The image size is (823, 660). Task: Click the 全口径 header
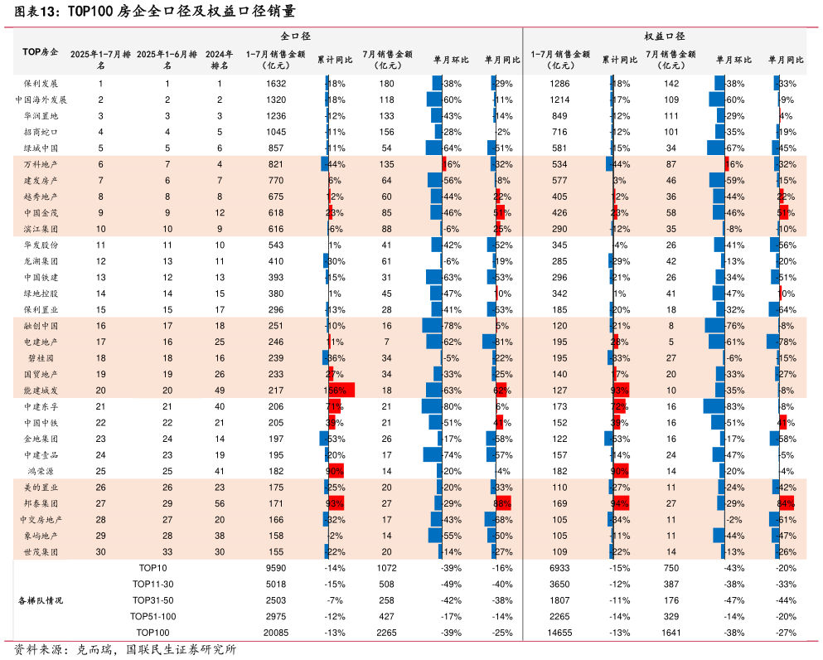pyautogui.click(x=295, y=36)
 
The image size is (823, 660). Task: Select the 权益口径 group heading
pyautogui.click(x=665, y=36)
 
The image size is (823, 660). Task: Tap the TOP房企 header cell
pyautogui.click(x=40, y=52)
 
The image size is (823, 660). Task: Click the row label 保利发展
pyautogui.click(x=41, y=84)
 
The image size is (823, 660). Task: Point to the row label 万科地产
pyautogui.click(x=41, y=164)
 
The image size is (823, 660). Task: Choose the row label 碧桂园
pyautogui.click(x=41, y=358)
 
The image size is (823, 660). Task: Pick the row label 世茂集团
pyautogui.click(x=41, y=551)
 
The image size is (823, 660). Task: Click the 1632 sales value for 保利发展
pyautogui.click(x=276, y=84)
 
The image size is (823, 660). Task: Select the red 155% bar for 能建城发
pyautogui.click(x=341, y=391)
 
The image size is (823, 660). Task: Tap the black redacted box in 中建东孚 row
pyautogui.click(x=167, y=406)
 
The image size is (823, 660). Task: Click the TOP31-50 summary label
pyautogui.click(x=153, y=600)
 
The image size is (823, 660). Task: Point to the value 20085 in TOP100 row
pyautogui.click(x=276, y=633)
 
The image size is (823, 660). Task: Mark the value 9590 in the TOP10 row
pyautogui.click(x=276, y=568)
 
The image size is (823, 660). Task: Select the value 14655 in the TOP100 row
pyautogui.click(x=560, y=633)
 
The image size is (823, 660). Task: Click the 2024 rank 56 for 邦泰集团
pyautogui.click(x=220, y=503)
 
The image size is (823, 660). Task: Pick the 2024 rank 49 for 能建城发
pyautogui.click(x=220, y=391)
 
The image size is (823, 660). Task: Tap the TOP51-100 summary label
pyautogui.click(x=153, y=616)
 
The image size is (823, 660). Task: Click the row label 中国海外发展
pyautogui.click(x=41, y=99)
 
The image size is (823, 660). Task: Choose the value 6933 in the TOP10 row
pyautogui.click(x=560, y=568)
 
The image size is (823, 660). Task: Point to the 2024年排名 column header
pyautogui.click(x=220, y=59)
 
